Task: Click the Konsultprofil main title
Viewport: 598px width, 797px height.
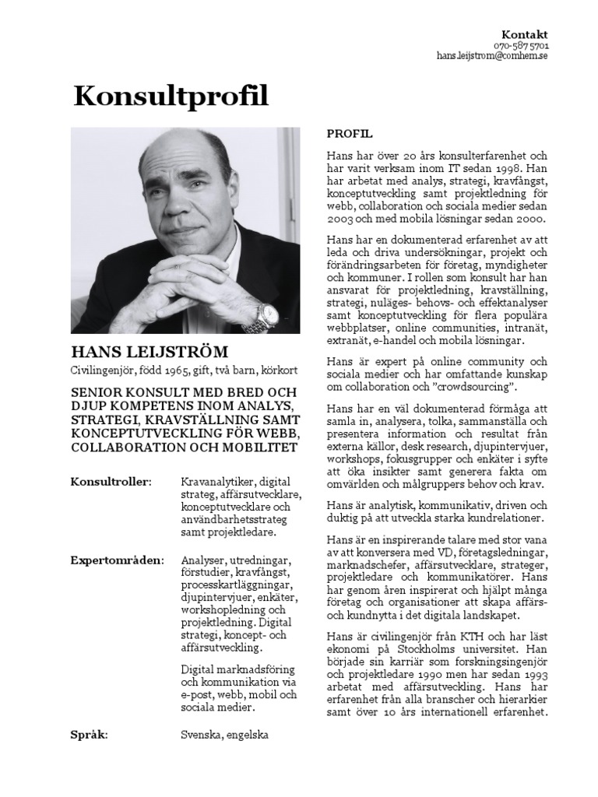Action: click(171, 96)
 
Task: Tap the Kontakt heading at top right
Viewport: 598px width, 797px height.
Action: click(524, 34)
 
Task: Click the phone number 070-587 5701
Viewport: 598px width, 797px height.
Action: click(521, 46)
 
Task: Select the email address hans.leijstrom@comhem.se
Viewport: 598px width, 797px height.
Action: click(492, 57)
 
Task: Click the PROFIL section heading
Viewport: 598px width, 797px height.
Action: click(350, 134)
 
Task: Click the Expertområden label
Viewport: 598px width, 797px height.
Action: click(117, 560)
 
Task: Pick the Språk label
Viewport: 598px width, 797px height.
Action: click(90, 734)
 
